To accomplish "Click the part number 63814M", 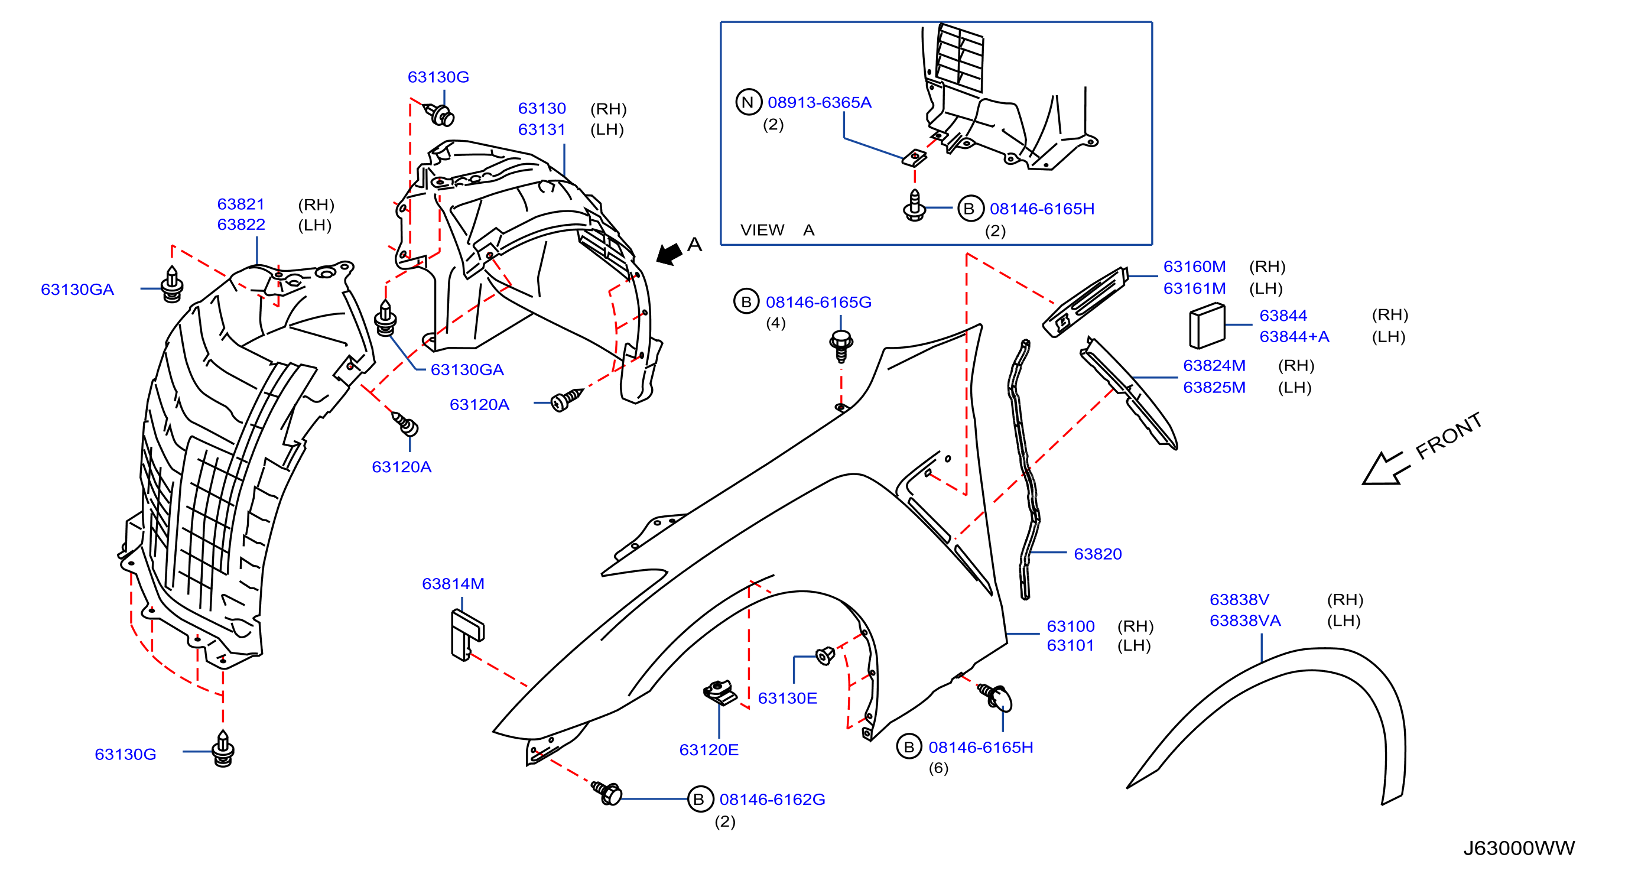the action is (x=453, y=583).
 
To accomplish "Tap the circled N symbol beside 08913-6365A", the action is (x=749, y=102).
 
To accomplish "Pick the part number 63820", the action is (x=1097, y=553).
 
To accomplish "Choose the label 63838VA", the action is (x=1244, y=620).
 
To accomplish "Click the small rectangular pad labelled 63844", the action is (x=1207, y=326).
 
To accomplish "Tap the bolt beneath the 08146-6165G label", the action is (x=841, y=345).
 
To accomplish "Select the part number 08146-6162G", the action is (x=772, y=799).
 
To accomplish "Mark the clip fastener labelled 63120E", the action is (x=720, y=692).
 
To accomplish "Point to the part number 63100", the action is (x=1070, y=626).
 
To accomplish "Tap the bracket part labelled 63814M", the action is (x=467, y=635).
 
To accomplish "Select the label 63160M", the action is (x=1194, y=266).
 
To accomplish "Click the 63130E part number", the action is (x=787, y=698).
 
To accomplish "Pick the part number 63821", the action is (x=240, y=203).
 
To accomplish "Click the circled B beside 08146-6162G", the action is (x=699, y=799).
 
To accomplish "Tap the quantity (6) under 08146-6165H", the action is (x=938, y=768).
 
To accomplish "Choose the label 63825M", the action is (x=1214, y=386).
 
